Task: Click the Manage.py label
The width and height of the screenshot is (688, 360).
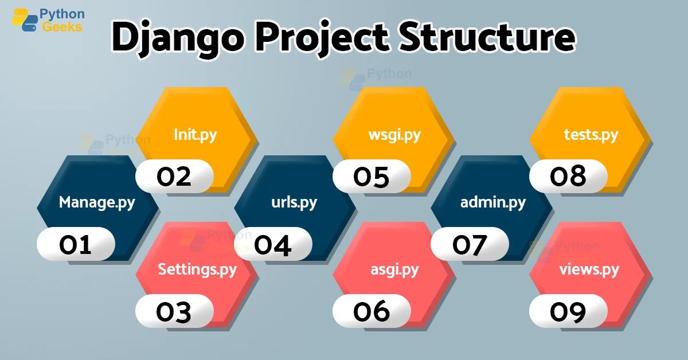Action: point(97,203)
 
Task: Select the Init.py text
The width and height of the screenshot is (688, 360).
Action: point(196,135)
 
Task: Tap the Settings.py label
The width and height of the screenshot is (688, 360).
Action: point(197,269)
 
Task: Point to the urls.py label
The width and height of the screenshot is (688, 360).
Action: point(294,203)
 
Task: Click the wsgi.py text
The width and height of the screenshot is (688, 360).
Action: point(394,135)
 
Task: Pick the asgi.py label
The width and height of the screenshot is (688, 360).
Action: point(394,269)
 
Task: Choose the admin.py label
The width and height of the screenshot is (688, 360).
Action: point(493,203)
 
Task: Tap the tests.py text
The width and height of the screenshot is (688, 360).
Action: point(591,135)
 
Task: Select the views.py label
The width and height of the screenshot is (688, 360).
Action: point(589,269)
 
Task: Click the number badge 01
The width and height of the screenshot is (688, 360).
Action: point(76,244)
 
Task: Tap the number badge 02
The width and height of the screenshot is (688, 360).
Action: point(174,177)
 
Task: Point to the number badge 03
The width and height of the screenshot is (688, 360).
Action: point(174,311)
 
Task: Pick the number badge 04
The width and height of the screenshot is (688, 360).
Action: point(273,244)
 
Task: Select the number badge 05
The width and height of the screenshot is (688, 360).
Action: point(372,177)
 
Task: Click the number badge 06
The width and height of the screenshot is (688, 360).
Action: point(372,311)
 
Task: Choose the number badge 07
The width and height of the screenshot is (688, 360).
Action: point(470,244)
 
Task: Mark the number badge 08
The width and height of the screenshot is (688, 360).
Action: point(568,177)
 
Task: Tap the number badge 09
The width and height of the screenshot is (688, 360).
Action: point(568,311)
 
